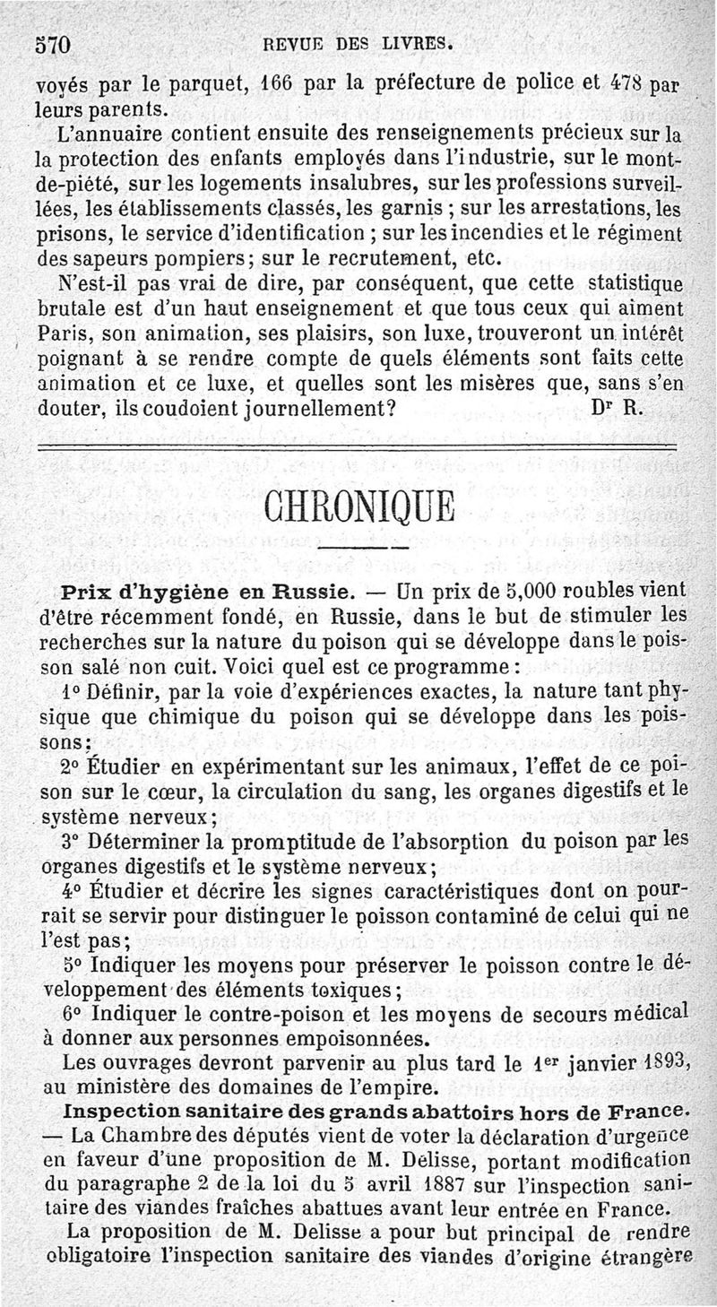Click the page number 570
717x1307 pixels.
[x=53, y=44]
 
